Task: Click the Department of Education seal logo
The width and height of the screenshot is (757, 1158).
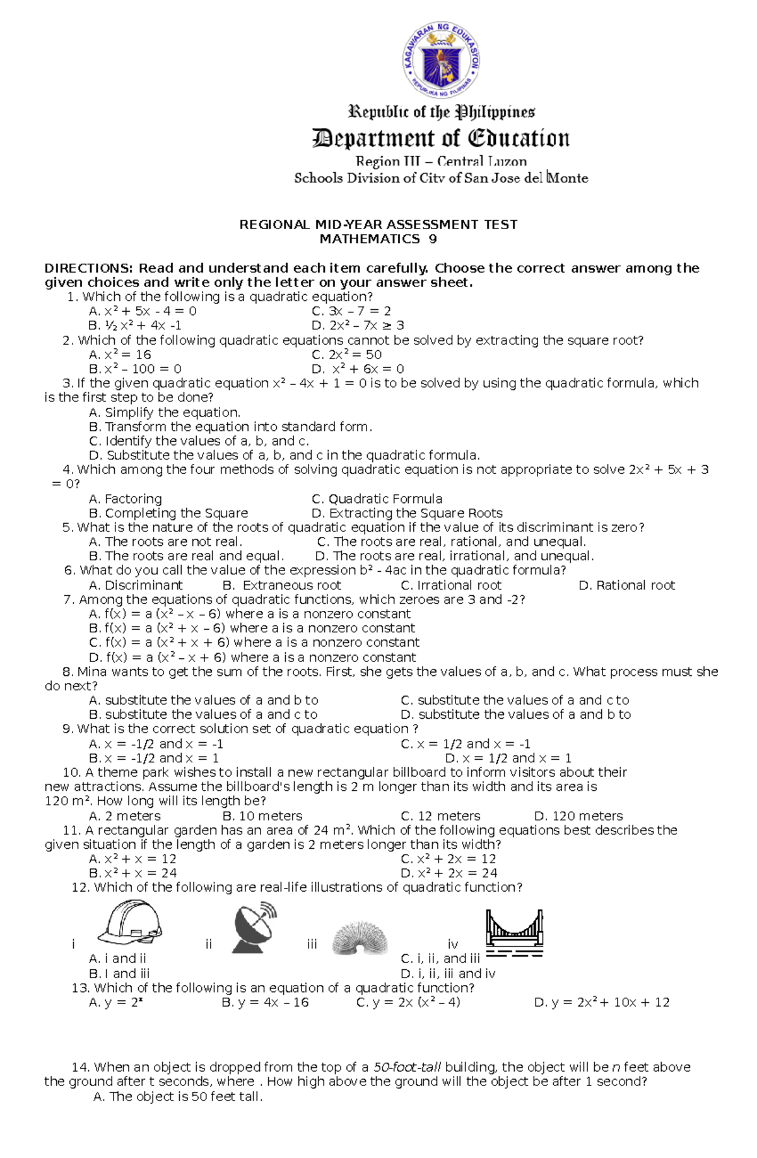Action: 441,61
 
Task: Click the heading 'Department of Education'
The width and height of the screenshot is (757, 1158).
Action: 441,138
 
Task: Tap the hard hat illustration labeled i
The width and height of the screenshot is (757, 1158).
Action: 131,923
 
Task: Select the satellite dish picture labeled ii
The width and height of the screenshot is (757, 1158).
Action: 254,927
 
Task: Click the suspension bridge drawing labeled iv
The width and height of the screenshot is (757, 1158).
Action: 514,933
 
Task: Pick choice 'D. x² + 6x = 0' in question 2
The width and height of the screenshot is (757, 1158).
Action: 358,369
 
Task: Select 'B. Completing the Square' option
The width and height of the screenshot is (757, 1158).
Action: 168,513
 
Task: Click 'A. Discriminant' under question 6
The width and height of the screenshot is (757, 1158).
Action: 136,585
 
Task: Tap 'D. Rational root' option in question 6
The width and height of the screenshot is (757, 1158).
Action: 626,585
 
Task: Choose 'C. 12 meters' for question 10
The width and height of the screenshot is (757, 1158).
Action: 440,816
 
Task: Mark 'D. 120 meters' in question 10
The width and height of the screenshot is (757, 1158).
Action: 578,816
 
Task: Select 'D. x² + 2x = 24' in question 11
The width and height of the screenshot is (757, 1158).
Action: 449,873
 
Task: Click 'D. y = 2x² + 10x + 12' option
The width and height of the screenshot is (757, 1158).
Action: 601,1002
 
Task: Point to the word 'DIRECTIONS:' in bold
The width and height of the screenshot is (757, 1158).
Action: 89,268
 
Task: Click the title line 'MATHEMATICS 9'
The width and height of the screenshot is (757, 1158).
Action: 378,239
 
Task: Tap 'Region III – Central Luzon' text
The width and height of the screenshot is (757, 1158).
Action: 441,161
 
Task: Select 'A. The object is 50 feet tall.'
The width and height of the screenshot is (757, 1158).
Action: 177,1097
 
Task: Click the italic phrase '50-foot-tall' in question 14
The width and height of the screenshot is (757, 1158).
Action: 407,1067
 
